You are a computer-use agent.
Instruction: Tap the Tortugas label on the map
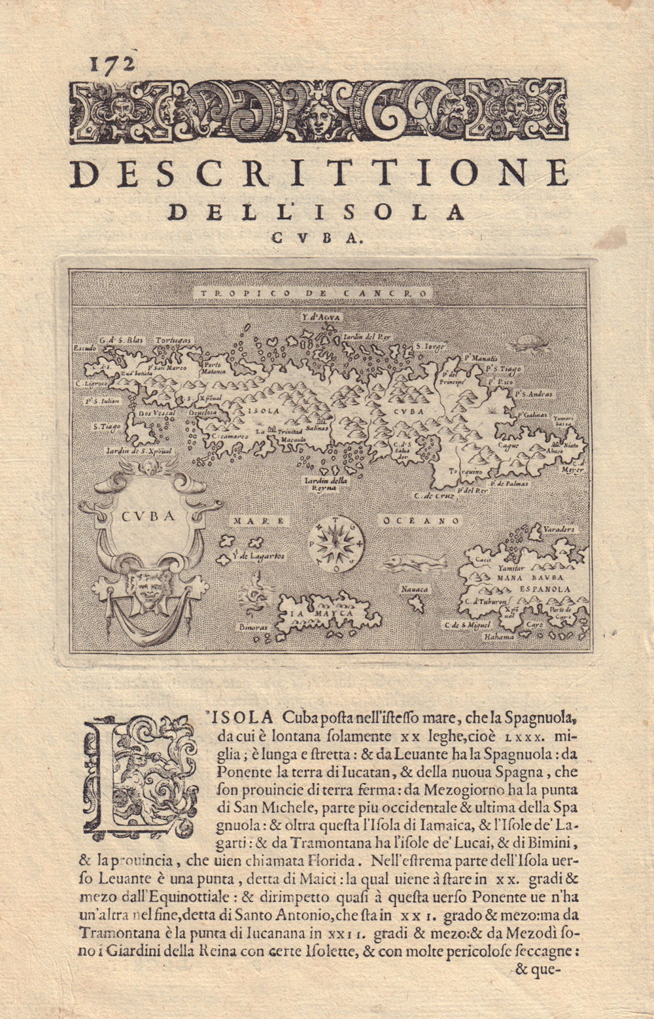(x=173, y=341)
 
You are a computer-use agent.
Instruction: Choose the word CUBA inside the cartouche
(x=148, y=515)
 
